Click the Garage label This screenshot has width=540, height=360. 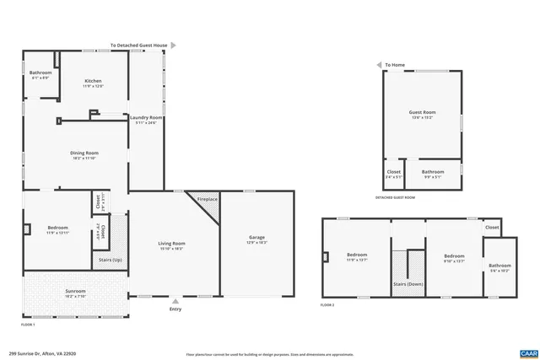coord(256,239)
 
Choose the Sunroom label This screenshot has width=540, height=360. coord(76,293)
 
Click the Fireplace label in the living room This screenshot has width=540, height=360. coord(208,199)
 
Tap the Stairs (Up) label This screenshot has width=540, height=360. coord(111,261)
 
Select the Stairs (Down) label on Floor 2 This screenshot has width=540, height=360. coord(408,284)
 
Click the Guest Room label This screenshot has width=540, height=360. coord(423,114)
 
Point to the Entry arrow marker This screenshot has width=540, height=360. coord(175,299)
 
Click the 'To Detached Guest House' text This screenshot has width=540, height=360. coord(138,45)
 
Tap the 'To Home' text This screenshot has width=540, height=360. coord(395,65)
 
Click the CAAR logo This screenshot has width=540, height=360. coord(528,352)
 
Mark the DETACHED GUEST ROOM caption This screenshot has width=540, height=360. coord(395,197)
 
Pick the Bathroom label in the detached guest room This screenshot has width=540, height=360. coord(433,173)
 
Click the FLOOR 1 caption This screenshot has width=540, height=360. coord(28,324)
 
